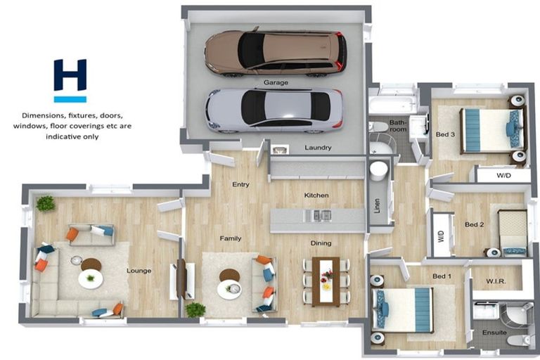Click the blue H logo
(x=70, y=80)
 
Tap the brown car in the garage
(x=275, y=52)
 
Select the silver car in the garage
(x=274, y=108)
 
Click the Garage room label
(x=276, y=82)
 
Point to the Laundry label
(x=318, y=148)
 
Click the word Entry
(x=240, y=184)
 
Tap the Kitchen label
(x=316, y=195)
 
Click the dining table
(x=326, y=280)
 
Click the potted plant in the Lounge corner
(x=46, y=203)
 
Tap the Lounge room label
(x=139, y=270)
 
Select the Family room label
(x=231, y=238)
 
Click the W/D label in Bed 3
(x=503, y=175)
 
